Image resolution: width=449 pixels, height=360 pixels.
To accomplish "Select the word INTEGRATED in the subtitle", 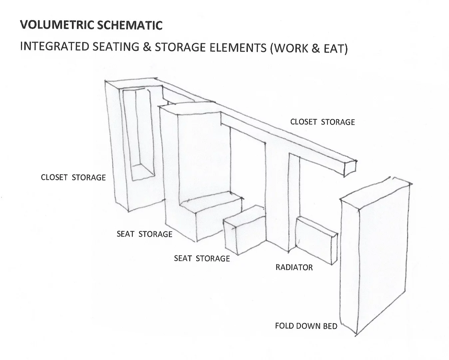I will (54, 47).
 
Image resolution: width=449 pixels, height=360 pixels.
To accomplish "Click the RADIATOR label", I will (294, 267).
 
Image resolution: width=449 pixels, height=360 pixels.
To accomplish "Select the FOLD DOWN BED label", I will (306, 326).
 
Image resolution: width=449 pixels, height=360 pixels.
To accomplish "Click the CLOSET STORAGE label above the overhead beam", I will (322, 122).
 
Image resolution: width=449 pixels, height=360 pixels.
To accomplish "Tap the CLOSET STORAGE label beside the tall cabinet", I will (73, 177).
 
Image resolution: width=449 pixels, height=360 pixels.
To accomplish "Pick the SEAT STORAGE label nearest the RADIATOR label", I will (202, 258).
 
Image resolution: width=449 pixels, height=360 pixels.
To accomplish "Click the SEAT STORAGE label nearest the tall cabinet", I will (145, 234).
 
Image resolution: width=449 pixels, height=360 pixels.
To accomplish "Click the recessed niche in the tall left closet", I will (138, 133).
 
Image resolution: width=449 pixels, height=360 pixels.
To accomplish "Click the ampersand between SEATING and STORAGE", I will (147, 47).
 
